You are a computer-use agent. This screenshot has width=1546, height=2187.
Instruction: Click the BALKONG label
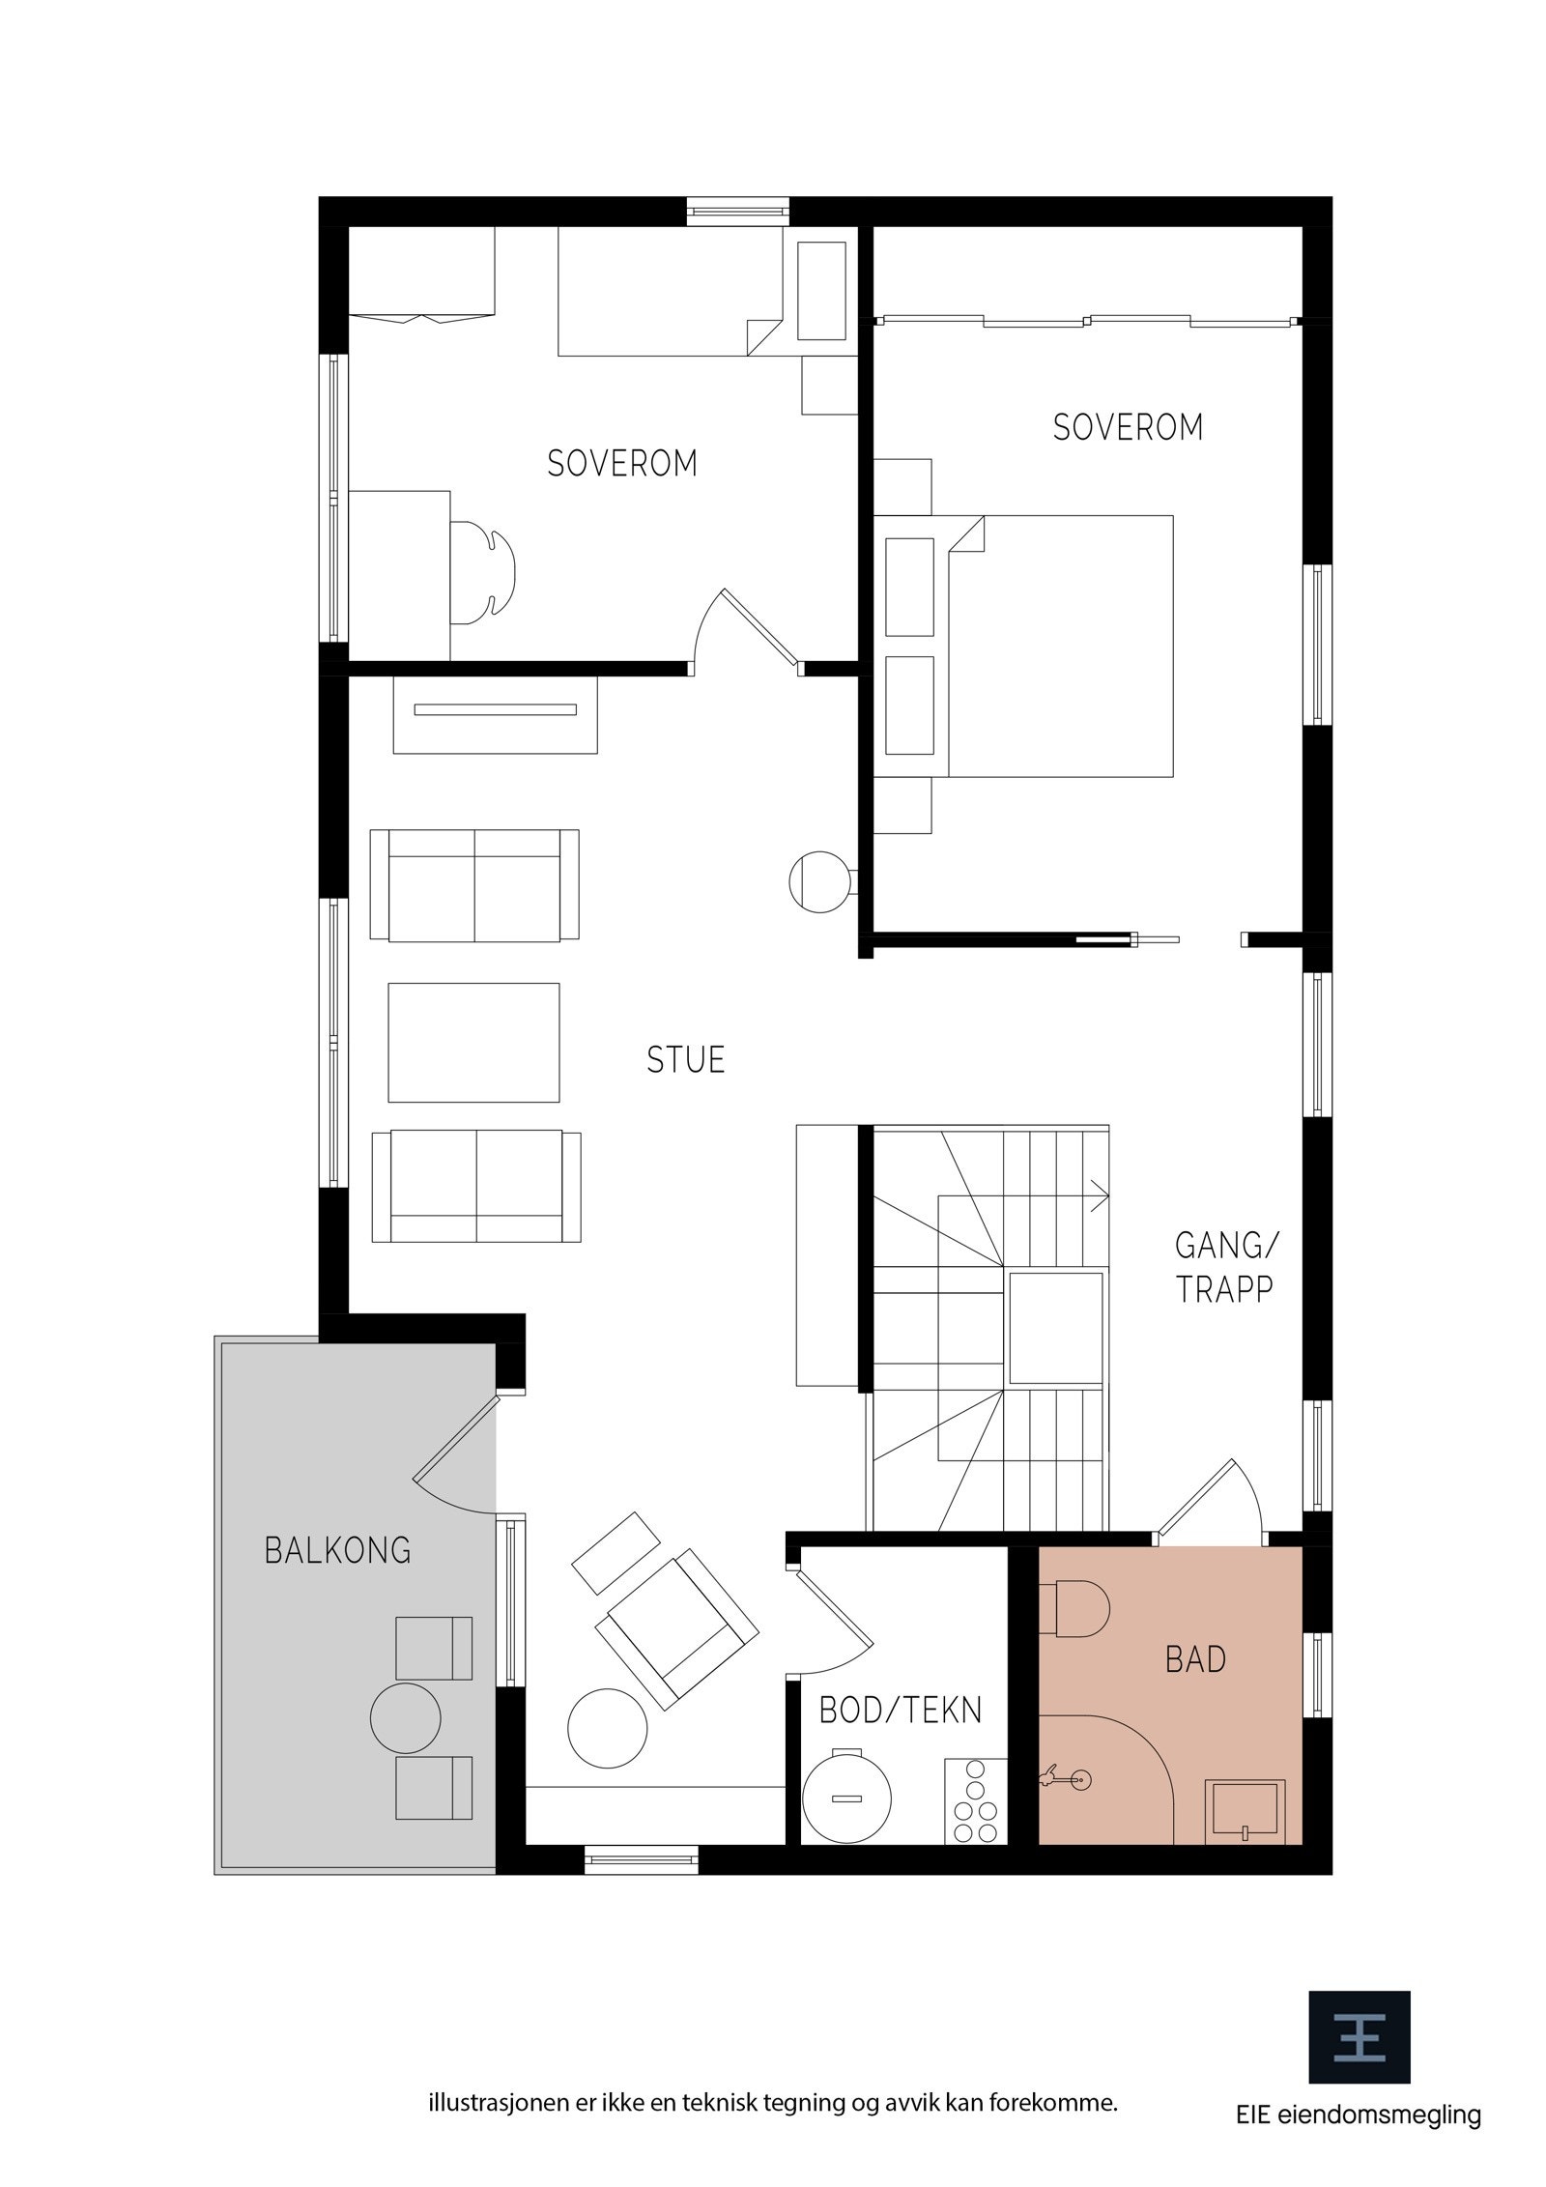point(337,1550)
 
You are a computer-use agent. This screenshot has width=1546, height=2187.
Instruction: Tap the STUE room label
point(685,1060)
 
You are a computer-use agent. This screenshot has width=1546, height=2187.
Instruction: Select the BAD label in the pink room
point(1195,1659)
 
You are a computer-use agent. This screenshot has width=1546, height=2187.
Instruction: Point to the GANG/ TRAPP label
point(1224,1267)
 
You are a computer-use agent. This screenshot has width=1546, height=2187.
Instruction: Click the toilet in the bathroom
point(1074,1609)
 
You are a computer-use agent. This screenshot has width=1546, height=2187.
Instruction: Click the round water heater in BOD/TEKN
point(845,1798)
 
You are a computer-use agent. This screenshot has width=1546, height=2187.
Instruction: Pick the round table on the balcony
point(406,1718)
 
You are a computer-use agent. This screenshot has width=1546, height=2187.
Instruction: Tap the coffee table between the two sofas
point(473,1042)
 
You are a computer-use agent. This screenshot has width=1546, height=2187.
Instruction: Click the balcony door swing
point(454,1459)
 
